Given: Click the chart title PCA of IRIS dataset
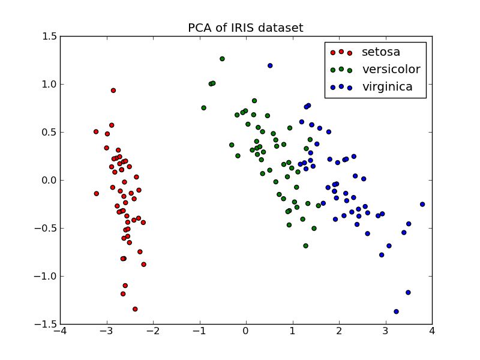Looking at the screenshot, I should coord(245,28).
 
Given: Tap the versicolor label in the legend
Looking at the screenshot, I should coord(391,70).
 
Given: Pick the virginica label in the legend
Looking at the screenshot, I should coord(387,87).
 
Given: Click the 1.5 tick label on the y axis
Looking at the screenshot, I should coord(50,37).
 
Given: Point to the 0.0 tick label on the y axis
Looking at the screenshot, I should coord(50,180).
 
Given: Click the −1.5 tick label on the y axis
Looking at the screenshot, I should coord(48,324).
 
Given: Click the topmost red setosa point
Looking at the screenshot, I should coord(113,91).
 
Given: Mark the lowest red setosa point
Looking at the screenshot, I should coord(135,309).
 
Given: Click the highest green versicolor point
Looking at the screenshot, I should coord(222,59).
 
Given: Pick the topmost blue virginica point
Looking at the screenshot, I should coord(270,65).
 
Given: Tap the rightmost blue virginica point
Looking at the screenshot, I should coord(422,204).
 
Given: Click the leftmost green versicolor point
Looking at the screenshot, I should coord(203,108).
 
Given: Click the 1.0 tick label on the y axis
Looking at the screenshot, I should coord(50,85).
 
